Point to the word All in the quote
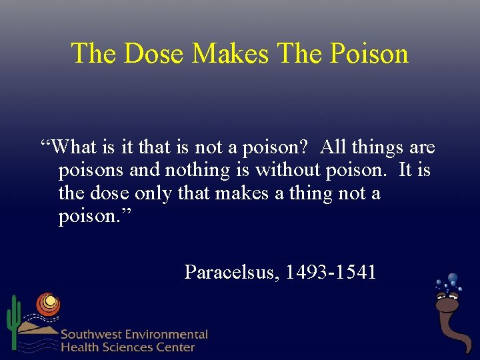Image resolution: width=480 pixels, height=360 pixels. (333, 147)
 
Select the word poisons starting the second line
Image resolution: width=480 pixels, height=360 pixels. (91, 171)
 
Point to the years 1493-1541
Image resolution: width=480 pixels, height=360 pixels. (331, 272)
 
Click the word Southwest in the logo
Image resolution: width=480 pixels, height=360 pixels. (91, 335)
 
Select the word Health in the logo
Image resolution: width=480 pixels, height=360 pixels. (78, 347)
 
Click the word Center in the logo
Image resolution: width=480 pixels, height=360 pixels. (176, 347)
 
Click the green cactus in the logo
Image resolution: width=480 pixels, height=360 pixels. (13, 320)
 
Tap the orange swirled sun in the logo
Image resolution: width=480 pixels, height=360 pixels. (47, 304)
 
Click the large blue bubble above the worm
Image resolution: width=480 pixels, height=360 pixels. (453, 279)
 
